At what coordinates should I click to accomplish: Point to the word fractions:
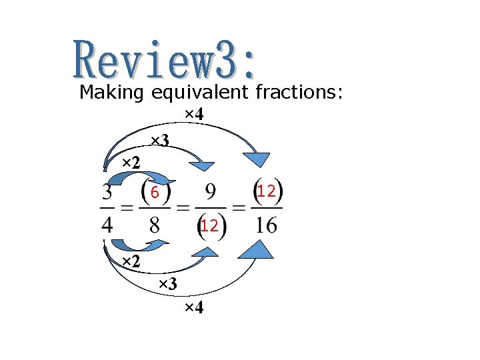click(300, 92)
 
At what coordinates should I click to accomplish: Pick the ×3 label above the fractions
click(159, 140)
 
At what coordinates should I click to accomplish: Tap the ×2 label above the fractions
click(131, 163)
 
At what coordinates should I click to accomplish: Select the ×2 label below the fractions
click(131, 260)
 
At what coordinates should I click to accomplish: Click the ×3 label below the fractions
click(167, 284)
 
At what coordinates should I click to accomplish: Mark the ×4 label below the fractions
click(193, 308)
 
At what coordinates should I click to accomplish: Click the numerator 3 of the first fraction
click(107, 193)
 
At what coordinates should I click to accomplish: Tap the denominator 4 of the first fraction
click(107, 225)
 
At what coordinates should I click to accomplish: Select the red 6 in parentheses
click(154, 193)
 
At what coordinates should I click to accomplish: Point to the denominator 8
click(154, 225)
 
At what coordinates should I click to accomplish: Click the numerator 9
click(211, 193)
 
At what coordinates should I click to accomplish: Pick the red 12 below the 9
click(209, 226)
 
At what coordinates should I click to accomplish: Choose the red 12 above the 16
click(267, 192)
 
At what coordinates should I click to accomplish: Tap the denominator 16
click(267, 225)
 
